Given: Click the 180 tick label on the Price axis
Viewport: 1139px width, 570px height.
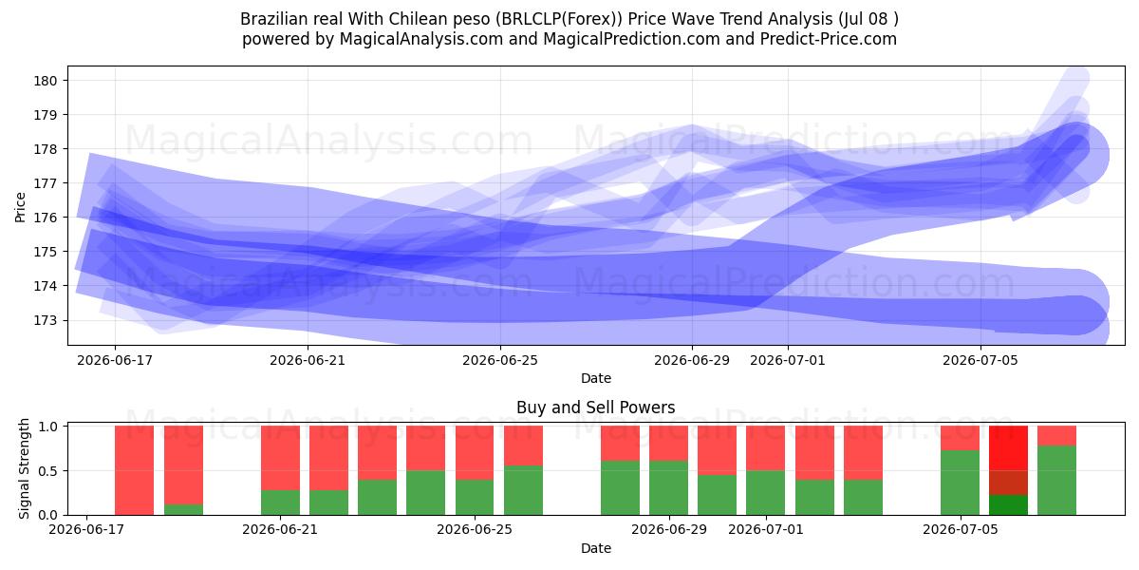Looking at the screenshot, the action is (x=45, y=81).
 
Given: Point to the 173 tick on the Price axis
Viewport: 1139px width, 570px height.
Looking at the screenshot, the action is (x=45, y=321).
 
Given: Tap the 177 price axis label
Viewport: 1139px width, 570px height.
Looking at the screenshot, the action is (x=45, y=183).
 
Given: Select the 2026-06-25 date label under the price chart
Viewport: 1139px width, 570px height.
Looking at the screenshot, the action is (x=500, y=360).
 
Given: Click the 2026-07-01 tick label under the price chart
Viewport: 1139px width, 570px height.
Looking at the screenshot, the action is (x=788, y=360).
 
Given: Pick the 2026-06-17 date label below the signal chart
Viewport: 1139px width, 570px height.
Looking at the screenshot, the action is (x=86, y=529).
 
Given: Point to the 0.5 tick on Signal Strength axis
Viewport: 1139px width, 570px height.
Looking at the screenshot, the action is (x=47, y=471).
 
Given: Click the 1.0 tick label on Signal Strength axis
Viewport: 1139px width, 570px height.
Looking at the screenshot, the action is (x=47, y=426).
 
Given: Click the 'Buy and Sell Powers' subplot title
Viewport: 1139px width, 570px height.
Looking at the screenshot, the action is (x=596, y=408).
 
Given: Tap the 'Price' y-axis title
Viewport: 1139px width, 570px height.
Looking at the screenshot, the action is (x=20, y=207).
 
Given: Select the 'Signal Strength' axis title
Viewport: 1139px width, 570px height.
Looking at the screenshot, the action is (x=24, y=468).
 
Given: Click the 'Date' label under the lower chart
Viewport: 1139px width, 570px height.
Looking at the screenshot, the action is (x=596, y=548).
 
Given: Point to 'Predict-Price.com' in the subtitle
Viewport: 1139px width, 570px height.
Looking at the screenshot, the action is (x=829, y=39).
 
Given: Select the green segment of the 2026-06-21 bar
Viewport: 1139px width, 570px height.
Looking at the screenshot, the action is (x=280, y=503).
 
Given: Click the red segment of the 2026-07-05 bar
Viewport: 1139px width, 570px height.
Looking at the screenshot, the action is (x=960, y=438).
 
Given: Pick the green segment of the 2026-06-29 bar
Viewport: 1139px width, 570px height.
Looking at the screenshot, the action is (x=668, y=488).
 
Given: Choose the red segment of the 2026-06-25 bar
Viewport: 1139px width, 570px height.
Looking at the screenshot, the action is (x=475, y=452).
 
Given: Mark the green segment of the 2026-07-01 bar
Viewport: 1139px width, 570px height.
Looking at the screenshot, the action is (x=766, y=493).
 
